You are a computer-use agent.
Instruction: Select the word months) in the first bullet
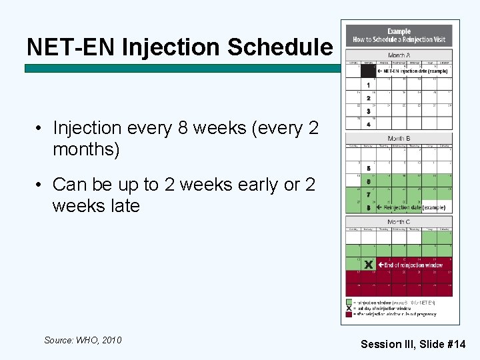click(x=86, y=149)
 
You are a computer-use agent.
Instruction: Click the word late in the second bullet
click(x=121, y=205)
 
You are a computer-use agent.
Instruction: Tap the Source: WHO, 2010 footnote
click(x=83, y=340)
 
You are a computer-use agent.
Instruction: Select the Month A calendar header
click(x=399, y=55)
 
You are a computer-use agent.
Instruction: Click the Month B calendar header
click(x=399, y=138)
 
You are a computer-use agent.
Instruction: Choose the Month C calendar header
click(x=399, y=221)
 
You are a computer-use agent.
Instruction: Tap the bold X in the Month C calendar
click(x=368, y=265)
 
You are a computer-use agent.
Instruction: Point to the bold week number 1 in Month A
click(x=368, y=85)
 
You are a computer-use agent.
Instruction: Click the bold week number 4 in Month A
click(x=368, y=124)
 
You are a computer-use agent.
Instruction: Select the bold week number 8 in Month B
click(x=368, y=207)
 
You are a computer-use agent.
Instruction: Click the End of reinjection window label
click(x=413, y=265)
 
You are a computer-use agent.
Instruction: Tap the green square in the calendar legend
click(x=349, y=303)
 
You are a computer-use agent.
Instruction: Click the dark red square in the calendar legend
click(x=349, y=313)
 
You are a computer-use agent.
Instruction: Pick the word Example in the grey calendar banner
click(x=399, y=31)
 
